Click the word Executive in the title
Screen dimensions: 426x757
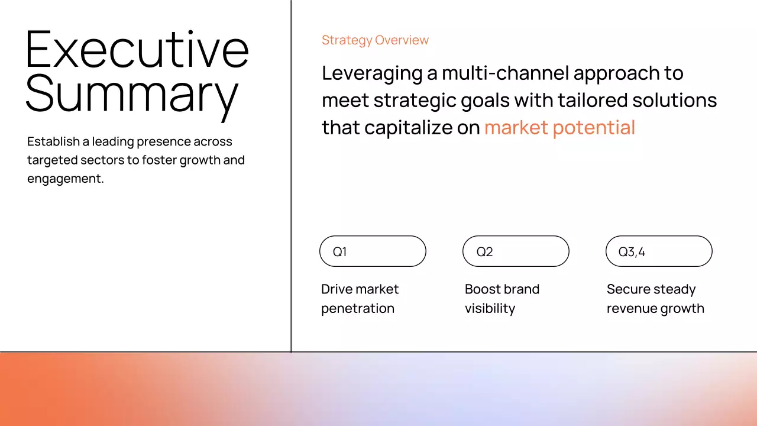[137, 49]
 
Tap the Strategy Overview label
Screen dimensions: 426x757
[375, 40]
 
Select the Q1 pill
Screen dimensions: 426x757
[373, 251]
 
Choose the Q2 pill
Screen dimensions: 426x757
[516, 251]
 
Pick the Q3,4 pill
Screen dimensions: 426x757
[659, 251]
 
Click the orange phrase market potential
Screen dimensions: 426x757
[559, 127]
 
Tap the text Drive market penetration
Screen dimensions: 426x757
[360, 299]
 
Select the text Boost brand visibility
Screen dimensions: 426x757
[502, 299]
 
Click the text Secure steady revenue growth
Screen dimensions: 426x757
[655, 299]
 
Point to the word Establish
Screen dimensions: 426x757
[54, 142]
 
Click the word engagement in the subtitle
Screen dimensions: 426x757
[64, 179]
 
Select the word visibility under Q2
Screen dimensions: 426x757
[490, 309]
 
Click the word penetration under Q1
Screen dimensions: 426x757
[357, 309]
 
